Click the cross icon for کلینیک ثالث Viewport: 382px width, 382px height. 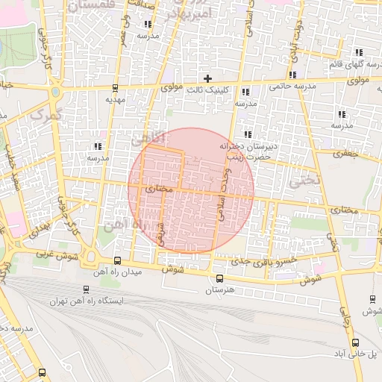(208, 78)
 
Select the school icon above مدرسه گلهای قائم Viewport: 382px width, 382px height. (359, 52)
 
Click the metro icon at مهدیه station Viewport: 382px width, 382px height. (114, 87)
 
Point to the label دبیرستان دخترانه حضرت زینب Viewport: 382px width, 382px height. (248, 152)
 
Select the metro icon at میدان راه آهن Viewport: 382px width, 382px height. (117, 260)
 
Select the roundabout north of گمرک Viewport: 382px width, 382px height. (56, 93)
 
